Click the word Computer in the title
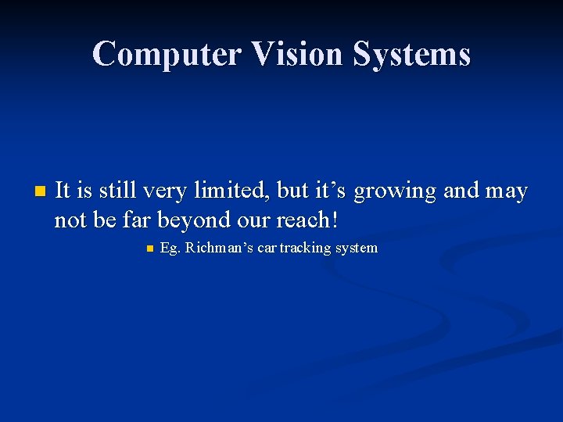(167, 54)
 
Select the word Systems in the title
(413, 54)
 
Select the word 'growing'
(396, 191)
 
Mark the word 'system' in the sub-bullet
(356, 249)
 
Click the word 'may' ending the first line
(507, 191)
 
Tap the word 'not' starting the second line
(70, 220)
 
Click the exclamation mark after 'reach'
(335, 220)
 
